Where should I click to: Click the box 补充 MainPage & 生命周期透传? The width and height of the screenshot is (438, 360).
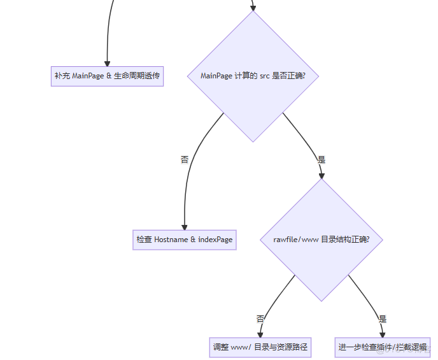point(107,76)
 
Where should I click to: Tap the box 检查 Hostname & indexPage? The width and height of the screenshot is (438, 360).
point(184,240)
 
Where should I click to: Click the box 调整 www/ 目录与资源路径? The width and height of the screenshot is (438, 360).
point(260,347)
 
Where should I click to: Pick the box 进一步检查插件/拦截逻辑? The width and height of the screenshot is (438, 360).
point(382,347)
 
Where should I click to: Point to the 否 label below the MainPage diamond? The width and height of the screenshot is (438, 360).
point(185,159)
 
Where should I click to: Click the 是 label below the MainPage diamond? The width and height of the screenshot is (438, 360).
point(321,159)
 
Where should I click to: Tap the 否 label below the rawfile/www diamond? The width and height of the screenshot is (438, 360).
point(260,319)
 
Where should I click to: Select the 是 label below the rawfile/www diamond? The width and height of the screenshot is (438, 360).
point(382,319)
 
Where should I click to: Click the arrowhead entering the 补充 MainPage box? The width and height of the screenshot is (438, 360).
point(107,62)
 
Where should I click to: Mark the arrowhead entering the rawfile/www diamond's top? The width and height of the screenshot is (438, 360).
point(321,175)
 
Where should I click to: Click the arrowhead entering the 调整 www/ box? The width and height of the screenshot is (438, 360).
point(260,334)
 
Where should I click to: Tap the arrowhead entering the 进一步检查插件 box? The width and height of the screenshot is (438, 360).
point(382,334)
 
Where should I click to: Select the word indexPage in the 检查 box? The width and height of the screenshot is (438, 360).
point(215,240)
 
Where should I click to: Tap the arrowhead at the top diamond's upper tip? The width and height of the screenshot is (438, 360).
point(253,8)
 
